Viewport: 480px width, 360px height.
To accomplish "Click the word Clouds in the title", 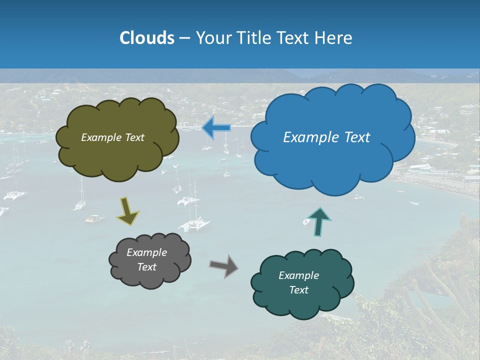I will tap(147, 38).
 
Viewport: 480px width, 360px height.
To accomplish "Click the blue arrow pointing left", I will tap(216, 128).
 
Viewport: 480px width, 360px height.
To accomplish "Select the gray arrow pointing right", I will tap(223, 266).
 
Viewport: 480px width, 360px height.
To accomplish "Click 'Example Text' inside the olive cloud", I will tap(112, 137).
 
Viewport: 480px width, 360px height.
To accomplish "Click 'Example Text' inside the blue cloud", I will tap(326, 137).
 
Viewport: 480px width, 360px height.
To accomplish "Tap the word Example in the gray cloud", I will tap(146, 252).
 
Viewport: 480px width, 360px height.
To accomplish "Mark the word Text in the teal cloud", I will tap(298, 290).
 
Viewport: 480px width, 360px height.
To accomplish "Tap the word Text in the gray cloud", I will tap(146, 267).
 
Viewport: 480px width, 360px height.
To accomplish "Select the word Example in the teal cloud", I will tap(298, 275).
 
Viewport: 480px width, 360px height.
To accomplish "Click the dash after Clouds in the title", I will tap(184, 38).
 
